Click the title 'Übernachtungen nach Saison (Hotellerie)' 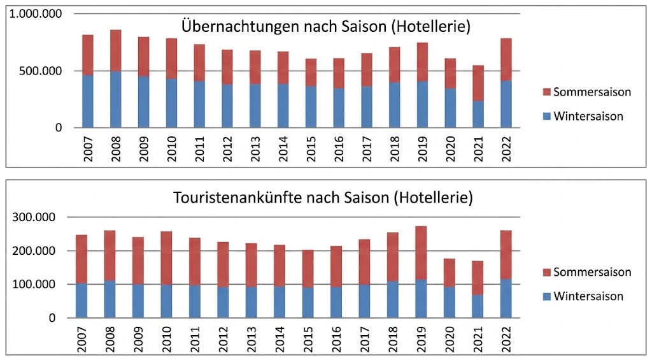326,27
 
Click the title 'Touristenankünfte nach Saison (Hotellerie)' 323,198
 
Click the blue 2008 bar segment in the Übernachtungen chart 115,99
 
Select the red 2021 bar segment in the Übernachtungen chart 478,83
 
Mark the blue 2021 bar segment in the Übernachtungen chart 478,114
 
